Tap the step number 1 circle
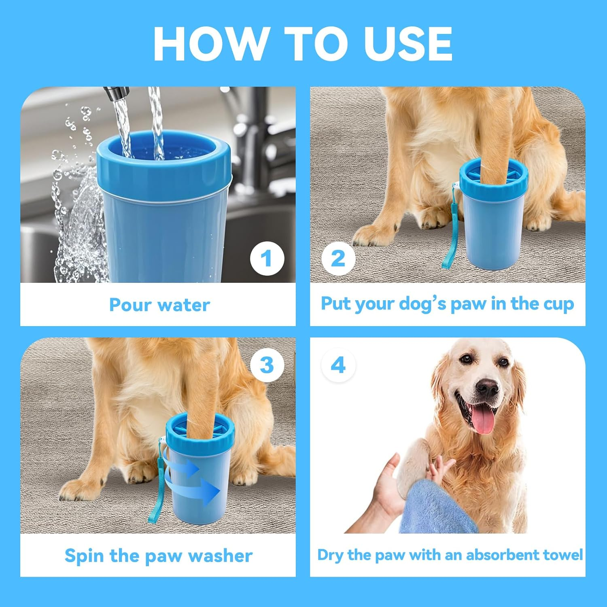(x=267, y=258)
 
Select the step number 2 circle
(x=338, y=258)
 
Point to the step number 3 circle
(x=267, y=365)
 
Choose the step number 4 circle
(x=338, y=365)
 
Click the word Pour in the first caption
(x=129, y=305)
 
